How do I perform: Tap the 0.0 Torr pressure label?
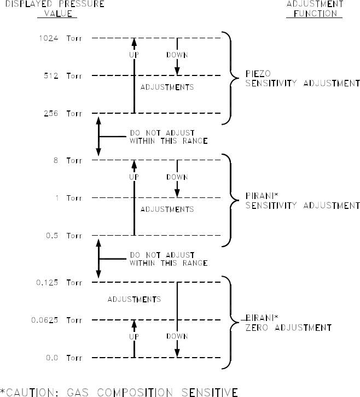pyautogui.click(x=63, y=358)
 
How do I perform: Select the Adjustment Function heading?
pyautogui.click(x=315, y=8)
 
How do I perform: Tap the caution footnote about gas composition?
pyautogui.click(x=119, y=391)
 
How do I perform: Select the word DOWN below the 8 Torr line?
pyautogui.click(x=177, y=177)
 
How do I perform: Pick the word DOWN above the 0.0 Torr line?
pyautogui.click(x=177, y=336)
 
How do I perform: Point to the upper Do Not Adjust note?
pyautogui.click(x=168, y=137)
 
